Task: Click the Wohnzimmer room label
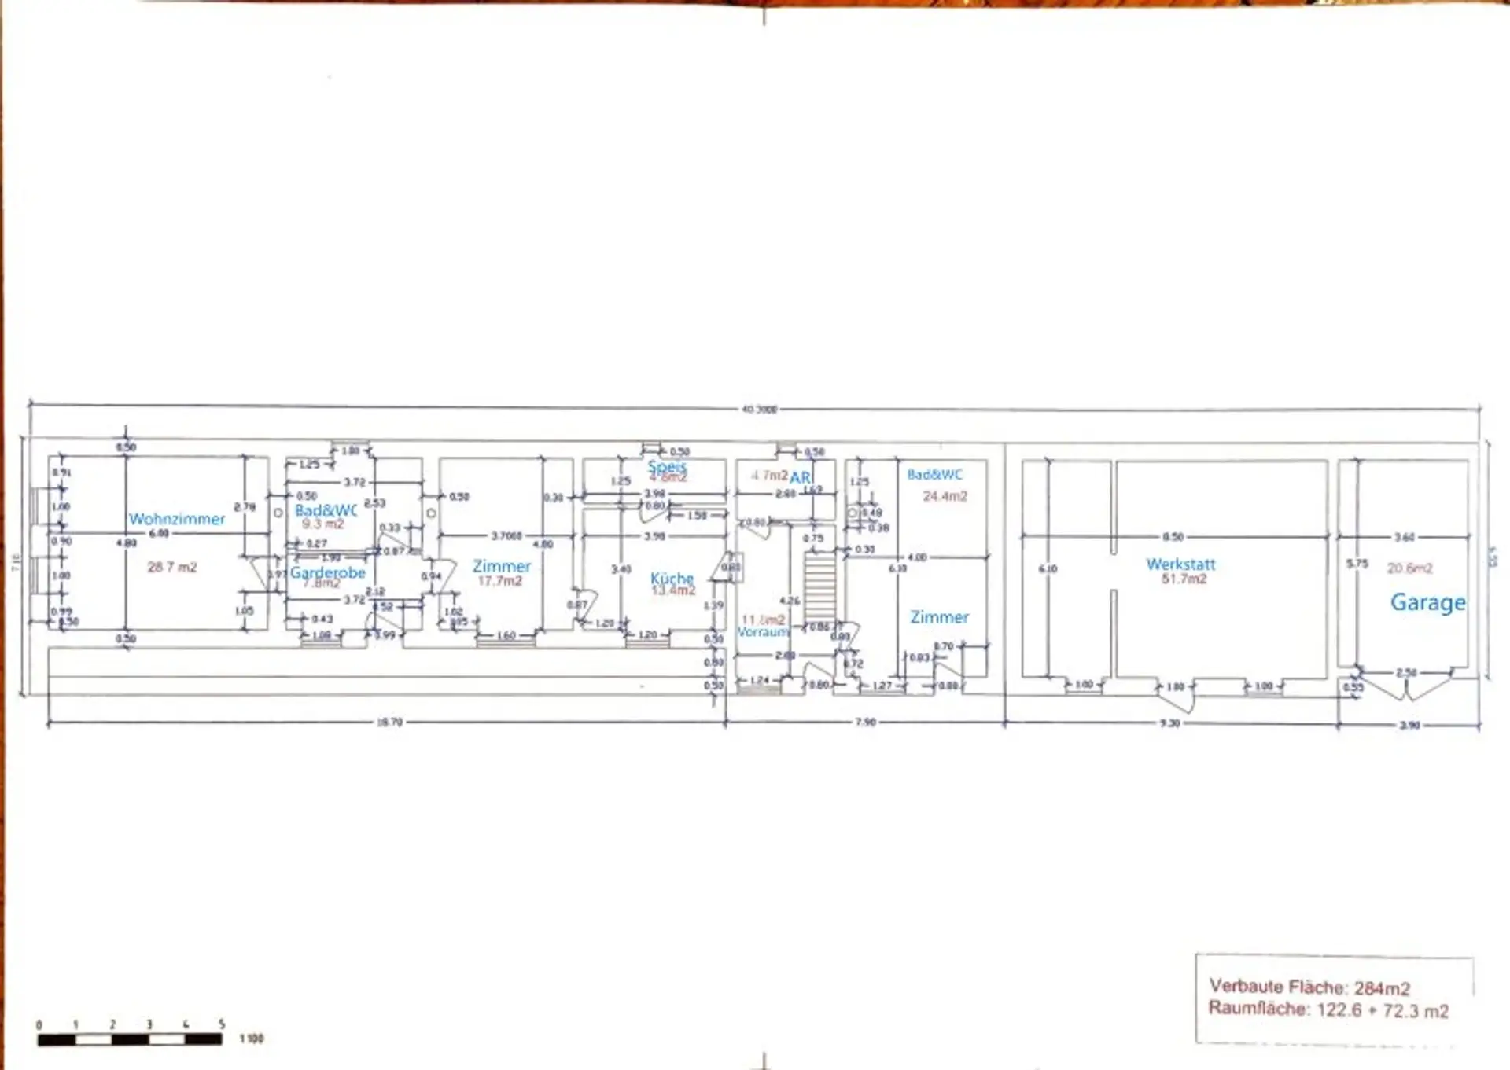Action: click(177, 519)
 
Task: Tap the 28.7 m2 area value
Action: click(171, 567)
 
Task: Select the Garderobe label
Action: click(327, 572)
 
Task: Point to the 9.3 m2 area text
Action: click(322, 524)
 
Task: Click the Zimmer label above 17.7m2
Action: click(502, 566)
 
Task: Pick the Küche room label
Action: click(672, 578)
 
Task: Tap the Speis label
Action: click(666, 466)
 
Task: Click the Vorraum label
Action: click(762, 632)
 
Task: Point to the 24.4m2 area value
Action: click(945, 496)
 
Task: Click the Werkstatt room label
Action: click(1180, 564)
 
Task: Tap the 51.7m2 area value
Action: click(1184, 579)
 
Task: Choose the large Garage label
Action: click(1427, 602)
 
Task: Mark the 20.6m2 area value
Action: click(1409, 568)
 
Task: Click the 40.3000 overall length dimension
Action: click(759, 409)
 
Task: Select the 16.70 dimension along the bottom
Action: click(389, 722)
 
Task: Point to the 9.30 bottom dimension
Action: click(1169, 723)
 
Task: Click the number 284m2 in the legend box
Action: click(1382, 988)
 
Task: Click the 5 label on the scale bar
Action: click(222, 1024)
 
